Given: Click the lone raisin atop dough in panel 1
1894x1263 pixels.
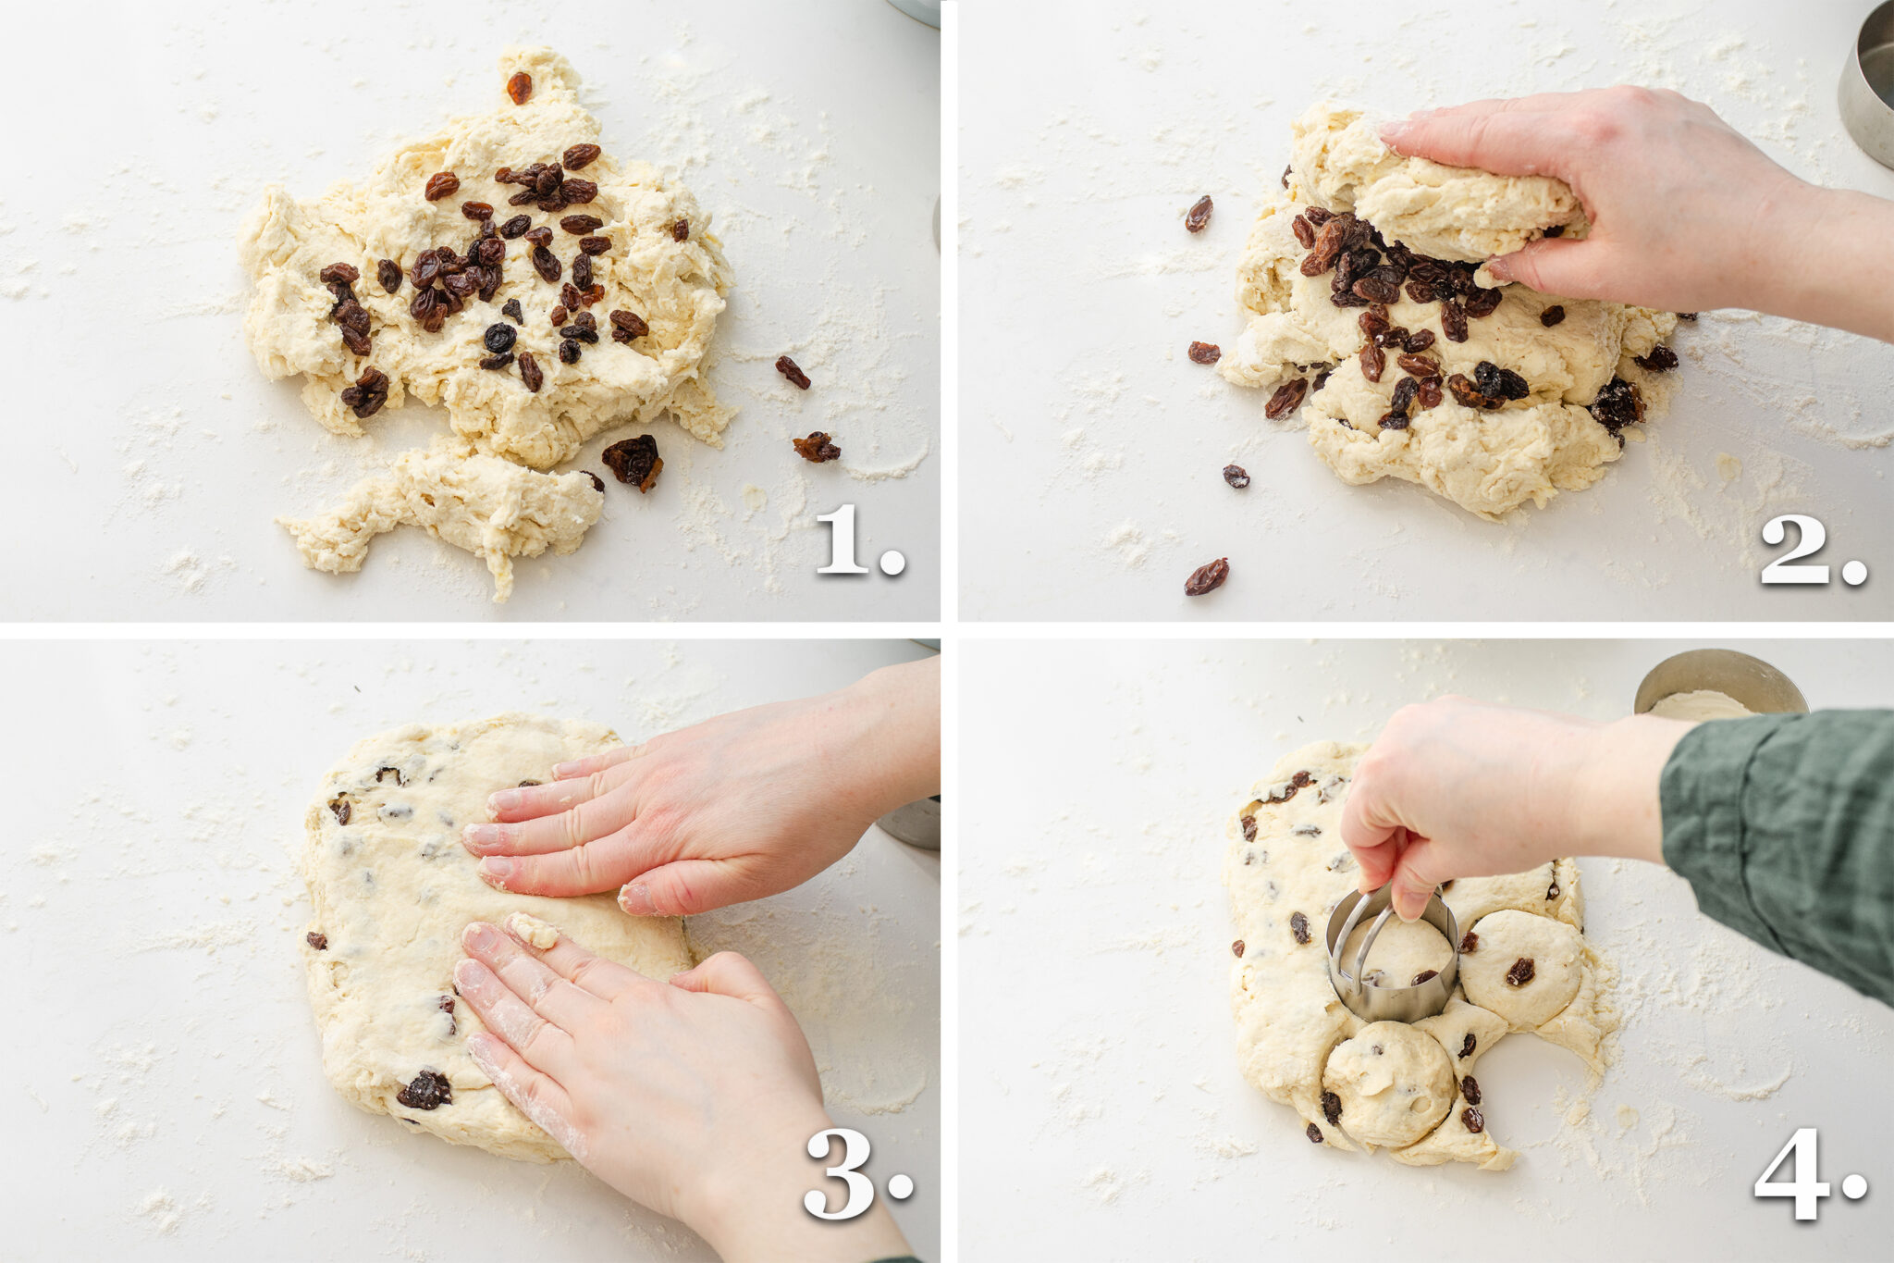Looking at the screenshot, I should [519, 88].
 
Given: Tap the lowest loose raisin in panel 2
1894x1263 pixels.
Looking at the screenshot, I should [1206, 576].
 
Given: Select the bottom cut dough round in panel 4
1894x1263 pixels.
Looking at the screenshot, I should [1387, 1083].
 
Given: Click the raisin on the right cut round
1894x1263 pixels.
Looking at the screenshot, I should [1519, 971].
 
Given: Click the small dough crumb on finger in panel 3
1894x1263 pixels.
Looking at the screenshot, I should [534, 930].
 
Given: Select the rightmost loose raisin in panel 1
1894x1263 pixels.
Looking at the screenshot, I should [816, 448].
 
